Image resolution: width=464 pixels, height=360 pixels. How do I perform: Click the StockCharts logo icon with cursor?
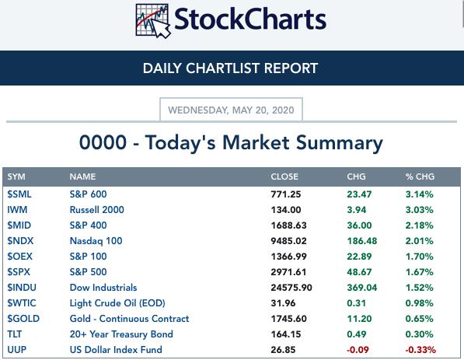pos(153,21)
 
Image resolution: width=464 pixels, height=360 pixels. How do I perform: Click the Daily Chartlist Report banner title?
pos(230,68)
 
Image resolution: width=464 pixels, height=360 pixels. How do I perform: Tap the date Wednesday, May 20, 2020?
pos(231,110)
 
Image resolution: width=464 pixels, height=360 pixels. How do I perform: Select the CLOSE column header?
pos(284,177)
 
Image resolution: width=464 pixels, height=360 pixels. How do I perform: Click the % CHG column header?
pos(420,177)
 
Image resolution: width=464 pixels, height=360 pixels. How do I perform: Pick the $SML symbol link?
pos(19,194)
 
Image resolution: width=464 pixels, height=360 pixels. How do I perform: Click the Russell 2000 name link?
pos(97,210)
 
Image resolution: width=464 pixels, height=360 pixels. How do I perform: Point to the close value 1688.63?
pos(288,225)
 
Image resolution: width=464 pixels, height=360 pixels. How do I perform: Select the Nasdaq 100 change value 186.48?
pos(362,241)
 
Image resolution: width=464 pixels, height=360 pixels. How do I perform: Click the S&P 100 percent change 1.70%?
pos(420,257)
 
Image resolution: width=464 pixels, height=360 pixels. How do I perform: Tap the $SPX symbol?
pos(19,272)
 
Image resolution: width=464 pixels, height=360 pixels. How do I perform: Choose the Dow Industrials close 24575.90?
pos(291,288)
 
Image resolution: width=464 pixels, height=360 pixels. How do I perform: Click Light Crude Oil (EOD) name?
pos(117,303)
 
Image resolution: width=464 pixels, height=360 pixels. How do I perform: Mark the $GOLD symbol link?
pos(23,319)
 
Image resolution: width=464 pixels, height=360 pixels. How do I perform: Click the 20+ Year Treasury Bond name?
pos(121,334)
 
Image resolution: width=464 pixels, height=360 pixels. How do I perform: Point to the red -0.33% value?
pos(420,350)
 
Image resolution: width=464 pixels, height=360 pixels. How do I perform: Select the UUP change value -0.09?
pos(358,350)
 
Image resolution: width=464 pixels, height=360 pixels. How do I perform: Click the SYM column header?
pos(16,177)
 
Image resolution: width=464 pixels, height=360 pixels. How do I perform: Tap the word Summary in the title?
pos(340,144)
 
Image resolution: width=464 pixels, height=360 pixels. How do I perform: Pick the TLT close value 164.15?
pos(286,334)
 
